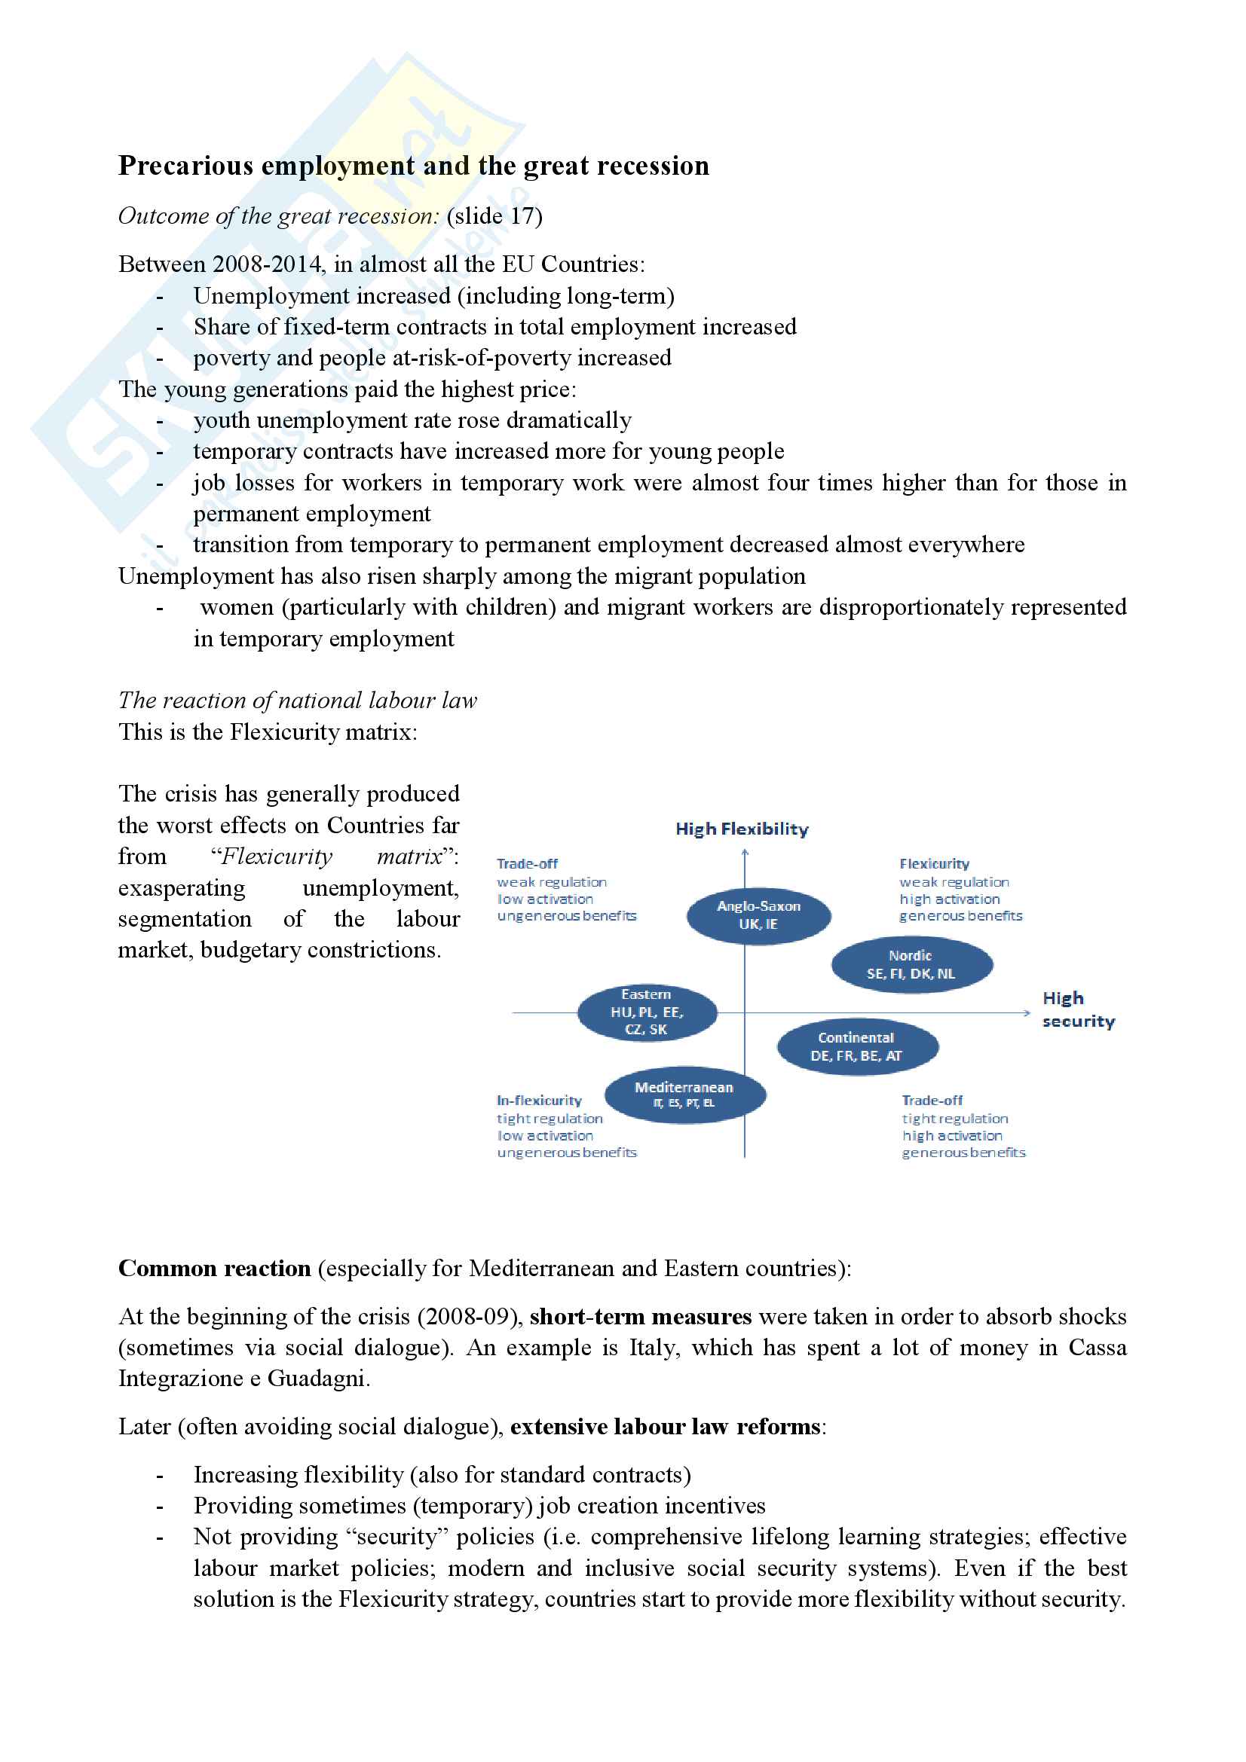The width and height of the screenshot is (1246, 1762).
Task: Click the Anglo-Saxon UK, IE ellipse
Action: [758, 915]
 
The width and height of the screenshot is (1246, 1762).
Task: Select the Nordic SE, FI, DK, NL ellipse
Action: [911, 965]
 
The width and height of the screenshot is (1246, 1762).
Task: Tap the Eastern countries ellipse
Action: [647, 1012]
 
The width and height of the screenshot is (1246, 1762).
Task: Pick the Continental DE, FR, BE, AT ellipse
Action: [857, 1047]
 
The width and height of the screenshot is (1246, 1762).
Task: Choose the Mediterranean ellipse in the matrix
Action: [684, 1095]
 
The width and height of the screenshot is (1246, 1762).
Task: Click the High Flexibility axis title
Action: [742, 829]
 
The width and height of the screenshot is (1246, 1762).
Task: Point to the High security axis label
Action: [1077, 1009]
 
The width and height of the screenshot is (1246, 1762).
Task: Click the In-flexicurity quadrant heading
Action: [539, 1101]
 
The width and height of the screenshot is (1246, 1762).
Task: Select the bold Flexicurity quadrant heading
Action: [933, 863]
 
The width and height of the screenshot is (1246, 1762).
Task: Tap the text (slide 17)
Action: [494, 216]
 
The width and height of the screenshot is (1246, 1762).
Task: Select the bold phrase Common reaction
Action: [214, 1269]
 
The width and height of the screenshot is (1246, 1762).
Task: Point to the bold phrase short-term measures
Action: [640, 1317]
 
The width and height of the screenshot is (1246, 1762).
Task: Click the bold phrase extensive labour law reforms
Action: [666, 1427]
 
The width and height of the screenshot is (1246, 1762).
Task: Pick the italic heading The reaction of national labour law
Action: [297, 701]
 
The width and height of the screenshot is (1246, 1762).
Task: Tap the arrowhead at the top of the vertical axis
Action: [745, 852]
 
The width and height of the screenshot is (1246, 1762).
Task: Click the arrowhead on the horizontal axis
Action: [1027, 1013]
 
